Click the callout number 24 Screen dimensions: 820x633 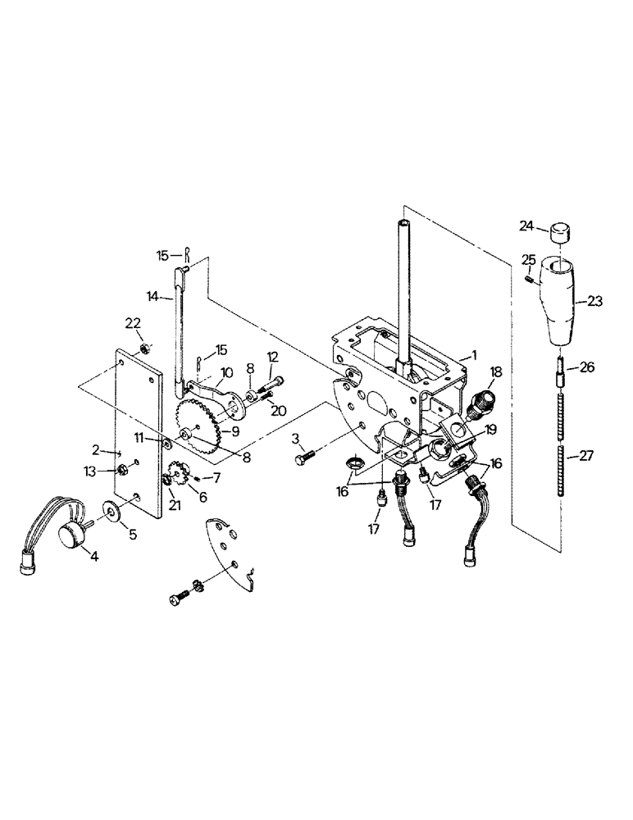(x=526, y=225)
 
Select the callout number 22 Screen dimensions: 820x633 (x=131, y=322)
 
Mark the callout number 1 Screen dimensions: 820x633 (x=468, y=356)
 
